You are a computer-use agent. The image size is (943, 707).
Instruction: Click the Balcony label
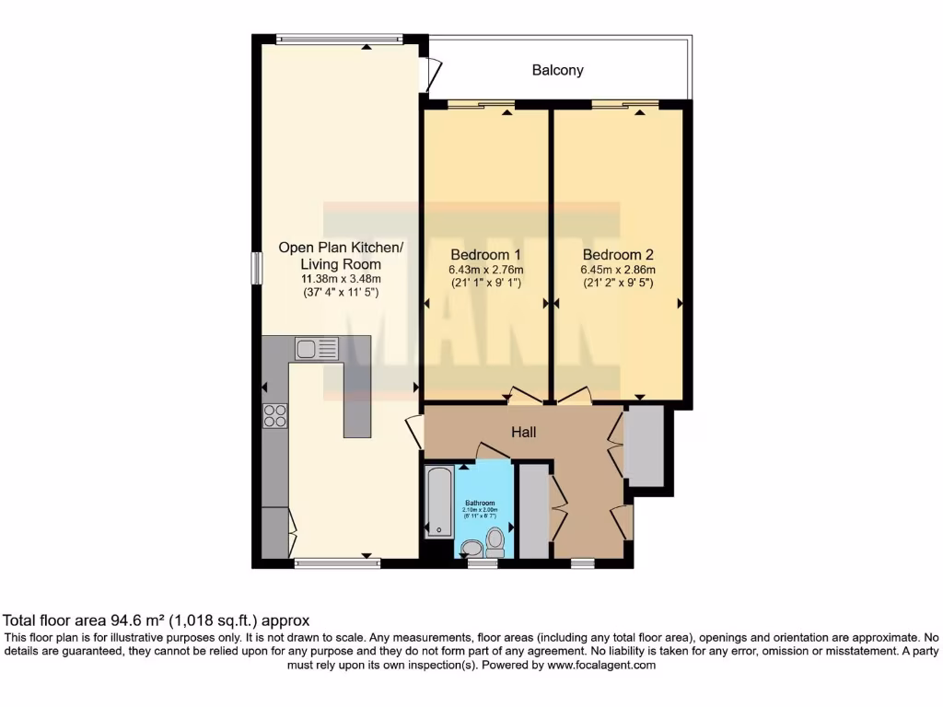click(x=557, y=70)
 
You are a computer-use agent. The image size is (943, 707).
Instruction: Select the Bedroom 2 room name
click(x=618, y=254)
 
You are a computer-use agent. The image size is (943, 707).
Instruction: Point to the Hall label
click(x=524, y=432)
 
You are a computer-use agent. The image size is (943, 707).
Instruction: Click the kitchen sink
click(x=317, y=348)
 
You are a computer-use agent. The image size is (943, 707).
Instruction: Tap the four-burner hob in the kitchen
click(x=275, y=416)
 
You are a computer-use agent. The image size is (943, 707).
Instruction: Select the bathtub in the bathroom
click(x=437, y=502)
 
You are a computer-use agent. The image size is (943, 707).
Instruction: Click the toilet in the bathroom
click(x=495, y=540)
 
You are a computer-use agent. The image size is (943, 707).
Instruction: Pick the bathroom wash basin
click(x=471, y=549)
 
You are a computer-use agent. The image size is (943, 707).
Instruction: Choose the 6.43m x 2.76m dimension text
click(x=485, y=270)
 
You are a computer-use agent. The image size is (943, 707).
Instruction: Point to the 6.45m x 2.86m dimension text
click(x=618, y=270)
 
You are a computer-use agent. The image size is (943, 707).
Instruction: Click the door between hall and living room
click(x=413, y=432)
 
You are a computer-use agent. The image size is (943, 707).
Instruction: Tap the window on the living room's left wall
click(x=257, y=267)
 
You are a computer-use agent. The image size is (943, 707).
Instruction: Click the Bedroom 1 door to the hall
click(x=525, y=398)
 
